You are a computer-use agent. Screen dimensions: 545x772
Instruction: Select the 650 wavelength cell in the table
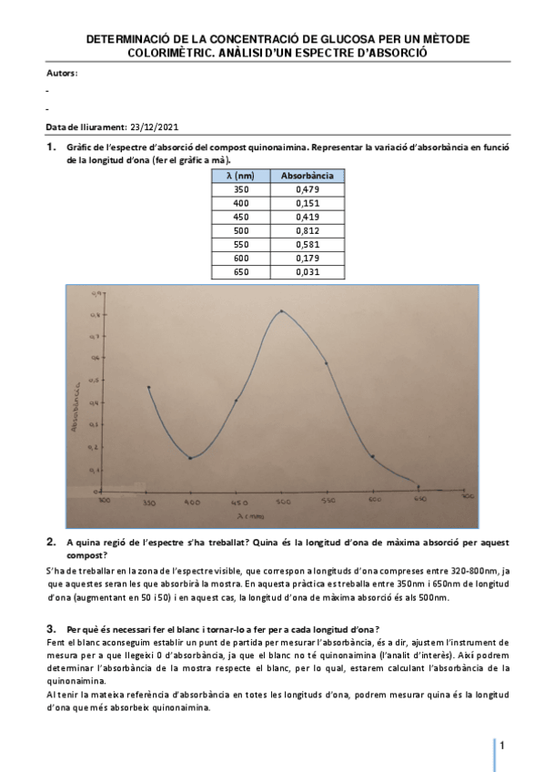click(x=240, y=272)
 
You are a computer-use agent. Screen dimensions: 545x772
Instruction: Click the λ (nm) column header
click(x=240, y=175)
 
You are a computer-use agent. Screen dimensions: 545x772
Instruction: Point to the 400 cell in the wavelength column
click(x=240, y=203)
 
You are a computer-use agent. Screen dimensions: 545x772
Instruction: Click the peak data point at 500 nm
click(x=282, y=311)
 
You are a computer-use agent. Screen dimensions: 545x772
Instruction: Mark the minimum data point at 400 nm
click(x=189, y=458)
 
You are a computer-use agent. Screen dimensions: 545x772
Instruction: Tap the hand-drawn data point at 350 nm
click(x=148, y=387)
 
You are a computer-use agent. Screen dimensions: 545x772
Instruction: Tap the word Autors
click(x=61, y=73)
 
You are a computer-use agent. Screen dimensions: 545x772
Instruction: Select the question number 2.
click(x=51, y=542)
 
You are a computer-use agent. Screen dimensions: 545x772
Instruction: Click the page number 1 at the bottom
click(x=502, y=747)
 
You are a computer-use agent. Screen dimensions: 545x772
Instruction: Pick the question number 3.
click(x=51, y=629)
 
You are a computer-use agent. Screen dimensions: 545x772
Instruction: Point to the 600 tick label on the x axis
click(x=374, y=500)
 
